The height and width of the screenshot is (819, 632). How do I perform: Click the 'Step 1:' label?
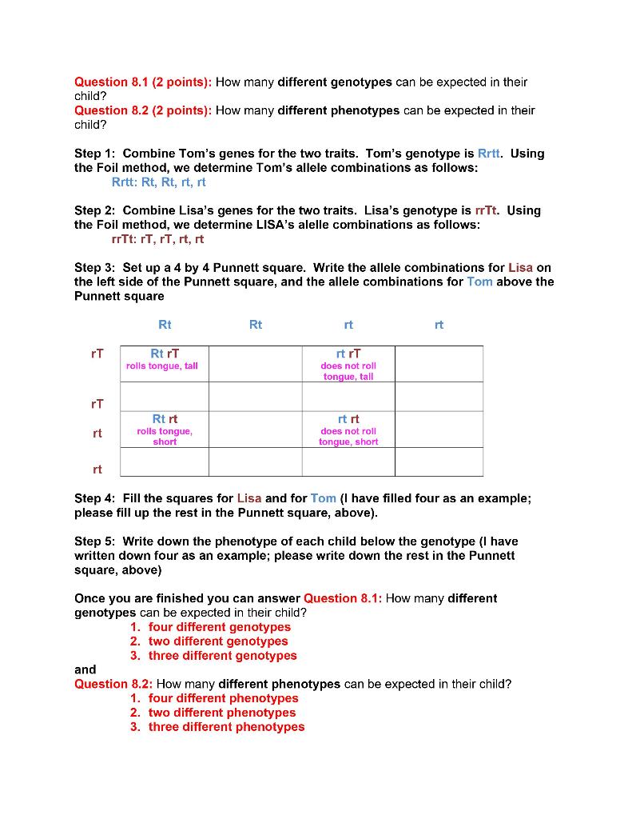(95, 154)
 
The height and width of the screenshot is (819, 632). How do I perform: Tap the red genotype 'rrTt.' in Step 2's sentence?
(487, 210)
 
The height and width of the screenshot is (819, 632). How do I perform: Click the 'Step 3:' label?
(95, 267)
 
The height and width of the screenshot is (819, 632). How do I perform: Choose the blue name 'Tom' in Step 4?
(324, 497)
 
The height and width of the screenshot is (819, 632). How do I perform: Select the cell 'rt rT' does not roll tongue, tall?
(348, 364)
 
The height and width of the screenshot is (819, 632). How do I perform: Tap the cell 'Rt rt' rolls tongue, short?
(165, 429)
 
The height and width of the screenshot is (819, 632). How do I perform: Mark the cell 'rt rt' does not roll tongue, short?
(348, 429)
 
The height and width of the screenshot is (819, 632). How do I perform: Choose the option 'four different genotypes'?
(219, 627)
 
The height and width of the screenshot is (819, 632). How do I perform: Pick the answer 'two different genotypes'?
(217, 641)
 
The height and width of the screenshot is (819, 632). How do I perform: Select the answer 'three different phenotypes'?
(226, 727)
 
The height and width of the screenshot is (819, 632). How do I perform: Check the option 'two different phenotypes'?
(221, 713)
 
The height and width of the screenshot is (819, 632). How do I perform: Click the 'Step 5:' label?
(95, 541)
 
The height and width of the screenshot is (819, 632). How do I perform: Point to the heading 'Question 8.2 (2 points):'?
(143, 110)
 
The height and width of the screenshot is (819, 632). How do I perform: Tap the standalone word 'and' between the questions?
(85, 669)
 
